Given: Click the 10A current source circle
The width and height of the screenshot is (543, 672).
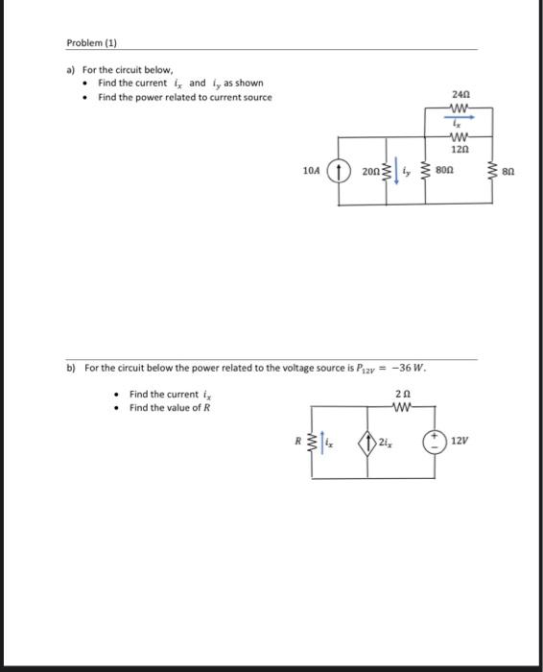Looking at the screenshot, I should point(338,172).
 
